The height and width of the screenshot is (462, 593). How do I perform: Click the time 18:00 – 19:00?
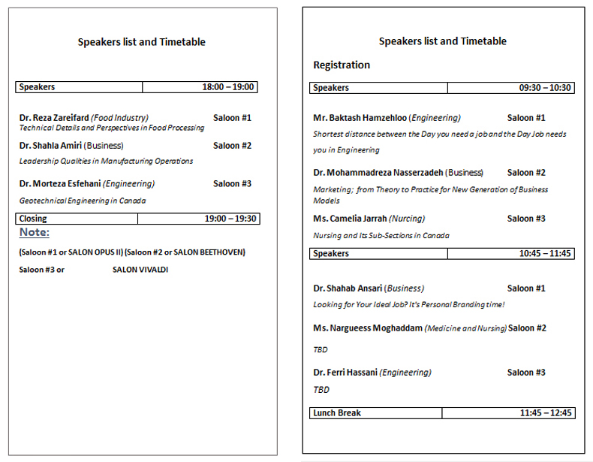pyautogui.click(x=228, y=87)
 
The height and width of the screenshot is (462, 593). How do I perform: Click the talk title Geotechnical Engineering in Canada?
pyautogui.click(x=83, y=201)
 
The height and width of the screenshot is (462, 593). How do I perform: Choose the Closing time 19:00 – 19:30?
pyautogui.click(x=230, y=219)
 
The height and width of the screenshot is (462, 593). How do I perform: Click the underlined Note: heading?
pyautogui.click(x=35, y=233)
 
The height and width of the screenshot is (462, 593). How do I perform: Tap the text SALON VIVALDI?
pyautogui.click(x=140, y=269)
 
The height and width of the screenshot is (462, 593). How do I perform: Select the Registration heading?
pyautogui.click(x=342, y=65)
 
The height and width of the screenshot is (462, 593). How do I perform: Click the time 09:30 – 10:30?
pyautogui.click(x=545, y=88)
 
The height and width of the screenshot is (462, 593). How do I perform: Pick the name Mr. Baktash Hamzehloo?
pyautogui.click(x=360, y=118)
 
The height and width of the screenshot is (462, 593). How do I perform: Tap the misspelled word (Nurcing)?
pyautogui.click(x=407, y=219)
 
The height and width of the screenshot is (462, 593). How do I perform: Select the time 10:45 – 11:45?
pyautogui.click(x=545, y=254)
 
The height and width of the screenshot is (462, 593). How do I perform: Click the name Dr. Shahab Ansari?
pyautogui.click(x=348, y=288)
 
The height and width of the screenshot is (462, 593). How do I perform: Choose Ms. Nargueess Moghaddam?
pyautogui.click(x=368, y=328)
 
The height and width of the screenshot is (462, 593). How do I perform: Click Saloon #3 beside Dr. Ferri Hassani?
pyautogui.click(x=526, y=373)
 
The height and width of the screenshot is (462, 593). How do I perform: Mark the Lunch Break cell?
pyautogui.click(x=337, y=413)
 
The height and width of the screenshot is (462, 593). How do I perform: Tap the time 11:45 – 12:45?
pyautogui.click(x=546, y=413)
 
